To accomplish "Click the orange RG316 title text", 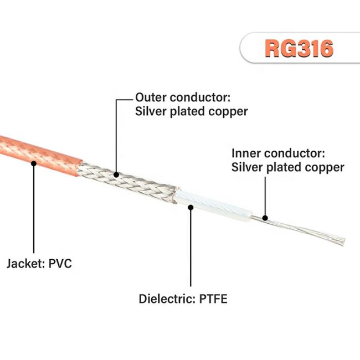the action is pos(299,48).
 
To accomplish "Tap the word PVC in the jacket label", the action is pos(60,263).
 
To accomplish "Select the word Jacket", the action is pos(25,264).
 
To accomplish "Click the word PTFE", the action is pos(213,299).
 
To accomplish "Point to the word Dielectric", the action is pos(167,299).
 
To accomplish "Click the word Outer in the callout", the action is pos(151,97).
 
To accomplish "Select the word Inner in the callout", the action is pos(246,153).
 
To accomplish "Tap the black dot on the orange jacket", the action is pos(34,163).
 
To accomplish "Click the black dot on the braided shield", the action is pos(116,174).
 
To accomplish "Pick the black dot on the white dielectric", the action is pos(191,207).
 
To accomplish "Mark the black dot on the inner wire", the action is pos(265,218).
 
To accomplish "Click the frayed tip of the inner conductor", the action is pos(342,241).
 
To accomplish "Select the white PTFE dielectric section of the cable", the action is pos(212,205).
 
